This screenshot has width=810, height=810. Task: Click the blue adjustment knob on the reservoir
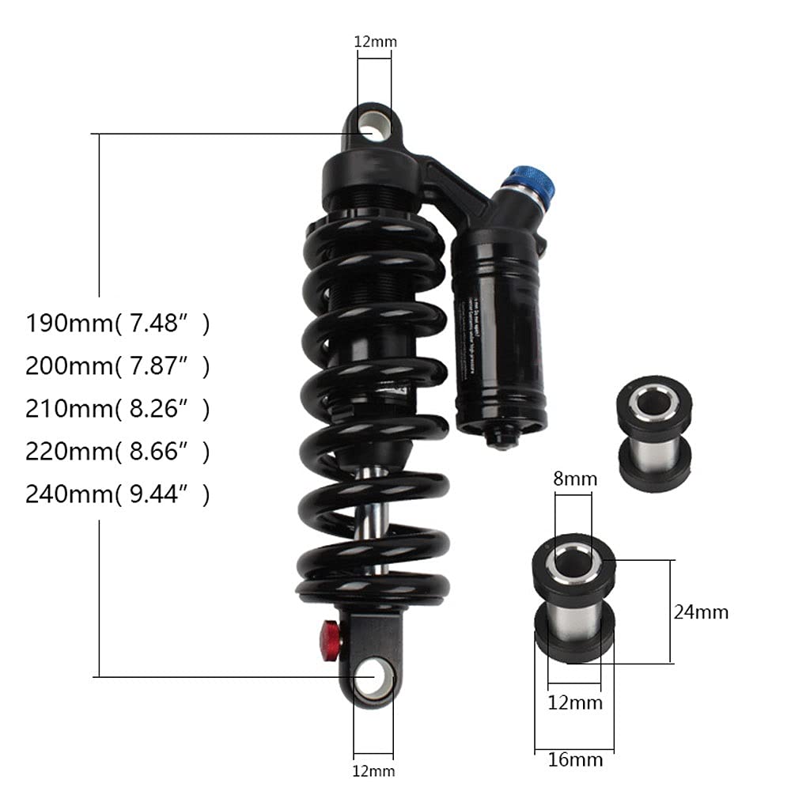click(532, 187)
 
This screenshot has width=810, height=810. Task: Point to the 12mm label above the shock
click(375, 41)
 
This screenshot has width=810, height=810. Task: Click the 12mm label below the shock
click(373, 770)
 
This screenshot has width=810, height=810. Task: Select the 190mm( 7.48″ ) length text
click(118, 324)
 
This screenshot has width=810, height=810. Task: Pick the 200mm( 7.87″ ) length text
click(118, 366)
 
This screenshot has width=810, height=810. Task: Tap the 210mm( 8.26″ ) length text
click(118, 409)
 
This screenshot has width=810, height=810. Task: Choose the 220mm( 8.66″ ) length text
click(118, 452)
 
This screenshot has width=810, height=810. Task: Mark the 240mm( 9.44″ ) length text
click(118, 494)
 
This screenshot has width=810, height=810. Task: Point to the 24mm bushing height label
click(701, 611)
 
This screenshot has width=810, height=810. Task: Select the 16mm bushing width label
click(575, 760)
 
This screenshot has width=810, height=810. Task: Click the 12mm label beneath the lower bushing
click(575, 702)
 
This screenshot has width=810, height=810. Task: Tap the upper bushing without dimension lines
click(653, 433)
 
